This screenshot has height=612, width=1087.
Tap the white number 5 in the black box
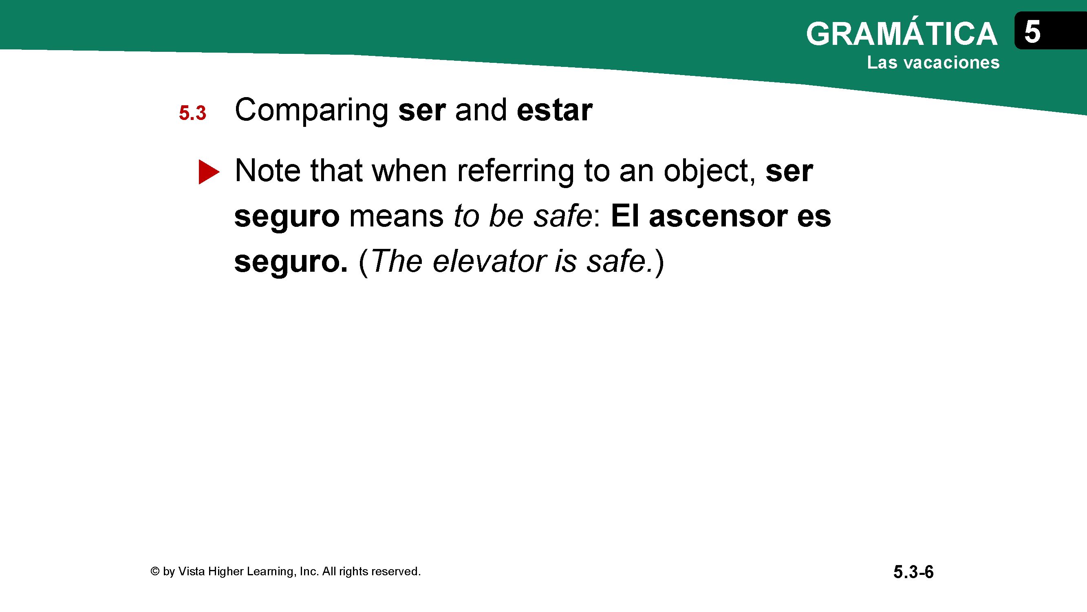(1032, 32)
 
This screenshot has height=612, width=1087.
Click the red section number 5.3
(192, 113)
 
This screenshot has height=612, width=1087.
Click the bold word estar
(554, 110)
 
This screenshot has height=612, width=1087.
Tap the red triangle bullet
(209, 172)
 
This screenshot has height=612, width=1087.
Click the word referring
(515, 172)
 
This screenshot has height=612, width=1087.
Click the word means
(396, 216)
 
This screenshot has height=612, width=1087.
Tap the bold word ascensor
(718, 216)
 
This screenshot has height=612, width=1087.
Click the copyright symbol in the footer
(155, 571)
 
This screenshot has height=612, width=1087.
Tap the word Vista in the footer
(192, 571)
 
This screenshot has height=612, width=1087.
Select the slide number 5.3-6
(913, 572)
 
